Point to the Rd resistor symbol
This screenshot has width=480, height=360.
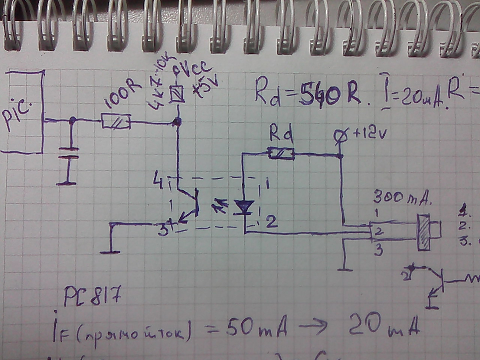(x=280, y=153)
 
